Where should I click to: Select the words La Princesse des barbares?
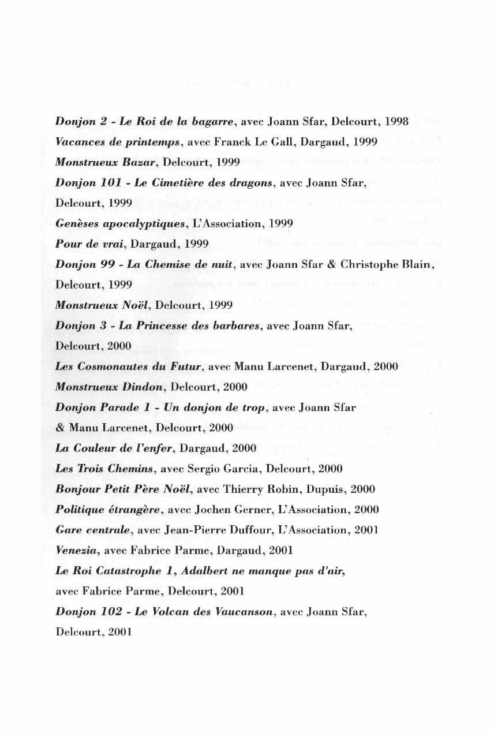point(192,326)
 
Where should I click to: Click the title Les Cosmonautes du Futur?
point(128,366)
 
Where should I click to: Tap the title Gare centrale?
point(91,530)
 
